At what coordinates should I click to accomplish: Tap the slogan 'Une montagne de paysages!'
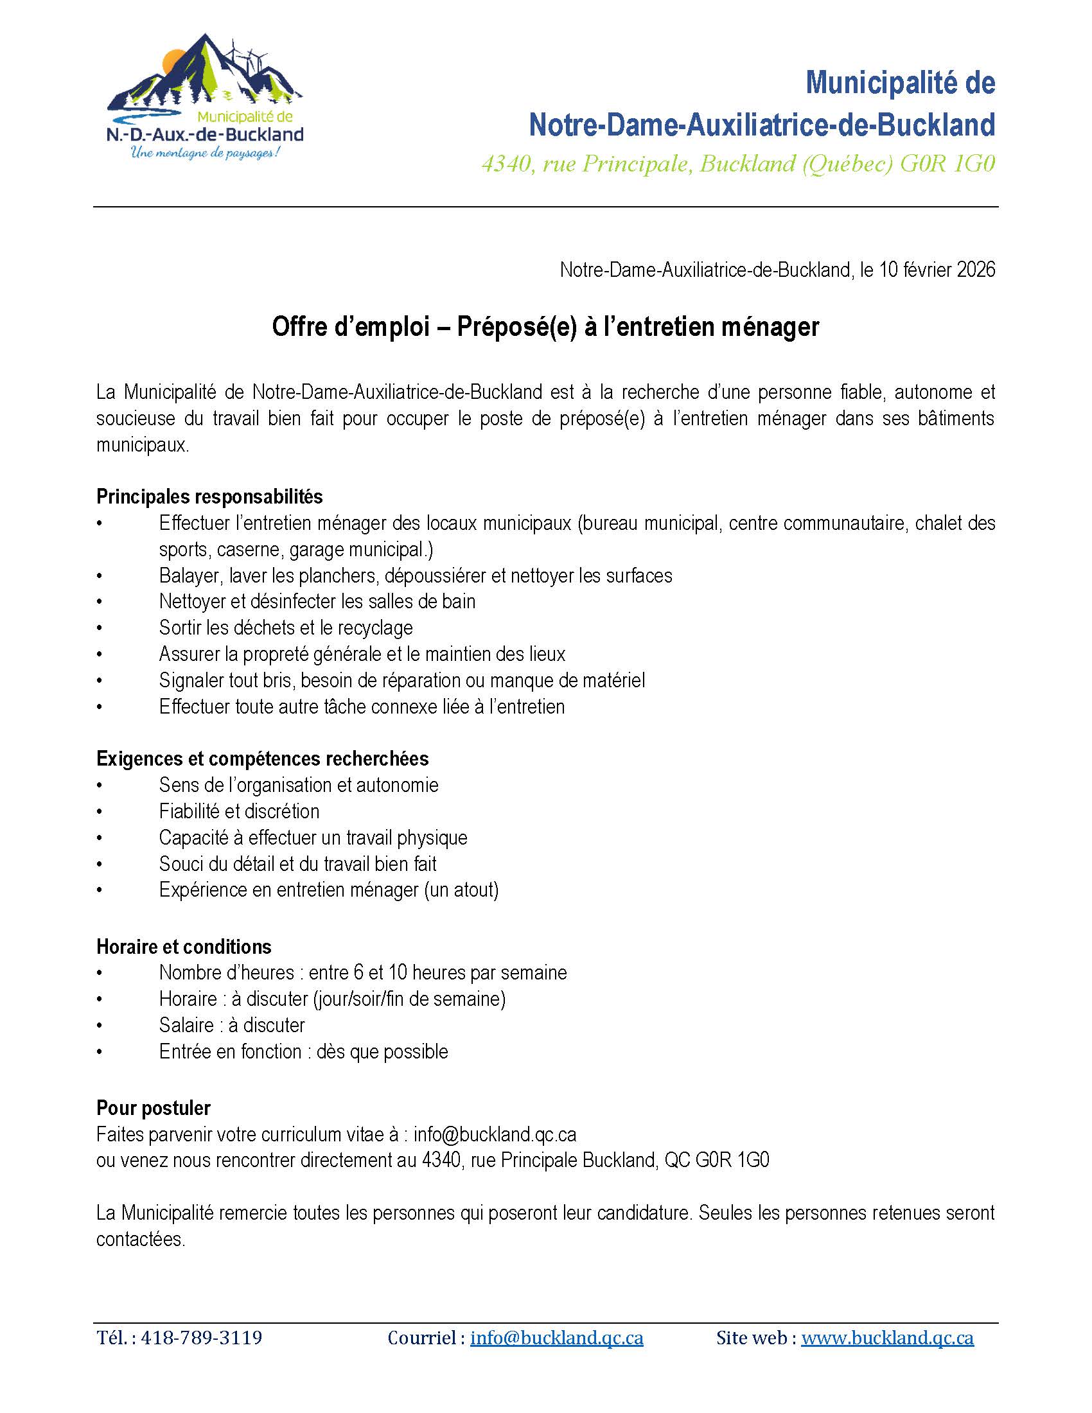click(205, 154)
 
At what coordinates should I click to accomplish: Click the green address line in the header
click(737, 164)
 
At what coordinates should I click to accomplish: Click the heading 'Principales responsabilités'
click(209, 496)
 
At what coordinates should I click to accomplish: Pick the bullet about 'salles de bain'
click(317, 601)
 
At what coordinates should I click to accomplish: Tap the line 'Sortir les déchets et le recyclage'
click(286, 628)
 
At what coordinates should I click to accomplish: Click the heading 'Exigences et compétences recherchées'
click(263, 759)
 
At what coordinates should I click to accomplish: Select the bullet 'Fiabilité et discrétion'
click(240, 811)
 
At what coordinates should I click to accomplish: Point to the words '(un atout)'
click(461, 890)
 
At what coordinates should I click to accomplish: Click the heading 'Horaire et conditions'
click(184, 947)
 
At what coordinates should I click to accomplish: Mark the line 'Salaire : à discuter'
click(232, 1025)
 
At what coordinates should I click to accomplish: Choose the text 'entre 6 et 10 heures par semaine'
click(437, 972)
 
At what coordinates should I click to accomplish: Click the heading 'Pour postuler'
click(154, 1108)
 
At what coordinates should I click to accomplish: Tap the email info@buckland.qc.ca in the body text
click(495, 1134)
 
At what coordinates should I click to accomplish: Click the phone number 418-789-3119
click(201, 1337)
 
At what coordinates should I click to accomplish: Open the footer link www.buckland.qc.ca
click(887, 1337)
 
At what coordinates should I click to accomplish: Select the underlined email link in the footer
click(556, 1337)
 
